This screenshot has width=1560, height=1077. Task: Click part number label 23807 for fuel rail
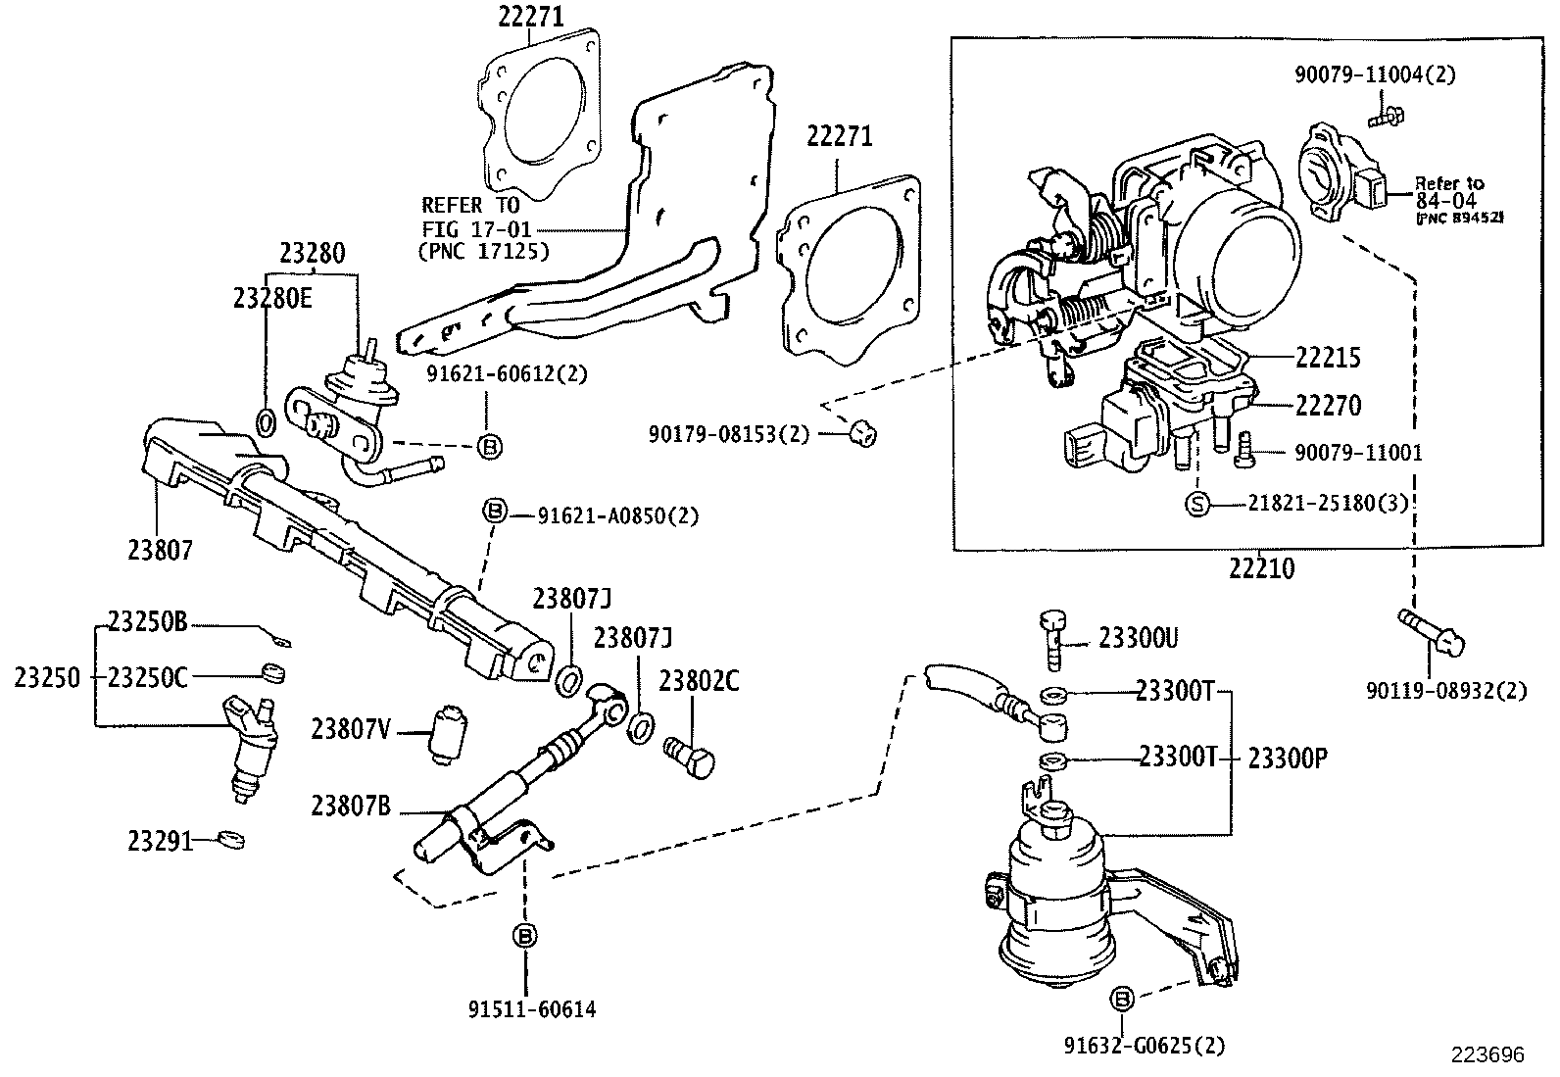click(160, 550)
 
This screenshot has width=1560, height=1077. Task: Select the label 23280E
click(272, 299)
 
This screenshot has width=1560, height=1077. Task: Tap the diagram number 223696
click(1487, 1054)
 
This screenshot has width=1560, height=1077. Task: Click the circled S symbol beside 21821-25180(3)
click(1197, 504)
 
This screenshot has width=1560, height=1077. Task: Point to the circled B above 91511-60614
click(525, 936)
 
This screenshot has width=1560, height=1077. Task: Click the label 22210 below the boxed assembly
click(1263, 568)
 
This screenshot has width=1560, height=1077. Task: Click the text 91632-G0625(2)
click(1145, 1046)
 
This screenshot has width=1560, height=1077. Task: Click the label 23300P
click(1287, 758)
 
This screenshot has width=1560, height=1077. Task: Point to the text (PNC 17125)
click(483, 251)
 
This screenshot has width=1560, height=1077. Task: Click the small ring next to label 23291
click(231, 840)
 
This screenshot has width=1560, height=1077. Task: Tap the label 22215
click(1328, 358)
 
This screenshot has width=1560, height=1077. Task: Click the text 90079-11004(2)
click(1372, 74)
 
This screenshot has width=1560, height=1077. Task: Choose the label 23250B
click(147, 622)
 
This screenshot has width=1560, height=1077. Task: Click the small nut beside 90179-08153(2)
click(862, 432)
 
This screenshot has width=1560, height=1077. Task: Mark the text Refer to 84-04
click(1448, 192)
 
